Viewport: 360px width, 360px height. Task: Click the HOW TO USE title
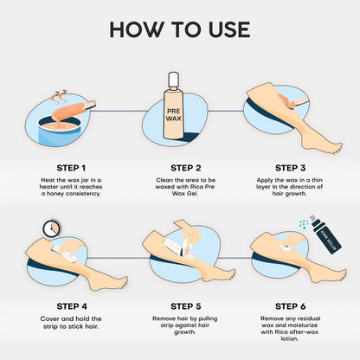(x=180, y=29)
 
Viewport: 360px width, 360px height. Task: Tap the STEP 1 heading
(x=71, y=168)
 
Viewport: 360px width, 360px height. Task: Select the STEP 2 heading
(x=186, y=168)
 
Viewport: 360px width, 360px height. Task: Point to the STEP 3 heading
(x=290, y=168)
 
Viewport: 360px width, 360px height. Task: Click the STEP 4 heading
(x=72, y=306)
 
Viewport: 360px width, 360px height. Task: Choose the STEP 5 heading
(x=186, y=306)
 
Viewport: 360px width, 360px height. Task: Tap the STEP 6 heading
(x=290, y=306)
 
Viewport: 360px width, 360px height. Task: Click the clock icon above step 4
(x=52, y=228)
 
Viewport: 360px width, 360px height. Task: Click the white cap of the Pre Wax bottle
(x=172, y=80)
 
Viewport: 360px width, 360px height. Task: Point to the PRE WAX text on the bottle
(x=173, y=115)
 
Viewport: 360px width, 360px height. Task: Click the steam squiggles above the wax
(x=61, y=98)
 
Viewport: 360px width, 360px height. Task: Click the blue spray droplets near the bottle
(x=304, y=224)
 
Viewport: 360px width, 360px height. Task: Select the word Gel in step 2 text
(x=192, y=194)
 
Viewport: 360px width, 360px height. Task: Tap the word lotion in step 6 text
(x=289, y=338)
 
